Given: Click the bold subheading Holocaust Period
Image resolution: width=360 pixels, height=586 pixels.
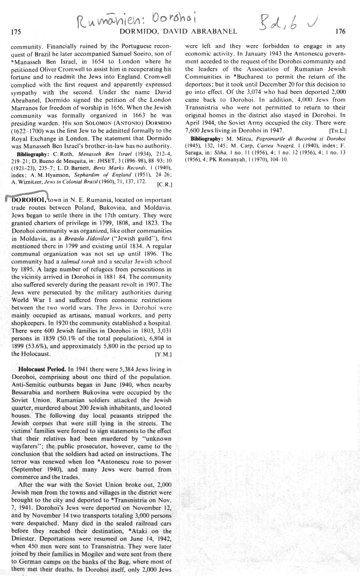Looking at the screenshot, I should tap(46, 369).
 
